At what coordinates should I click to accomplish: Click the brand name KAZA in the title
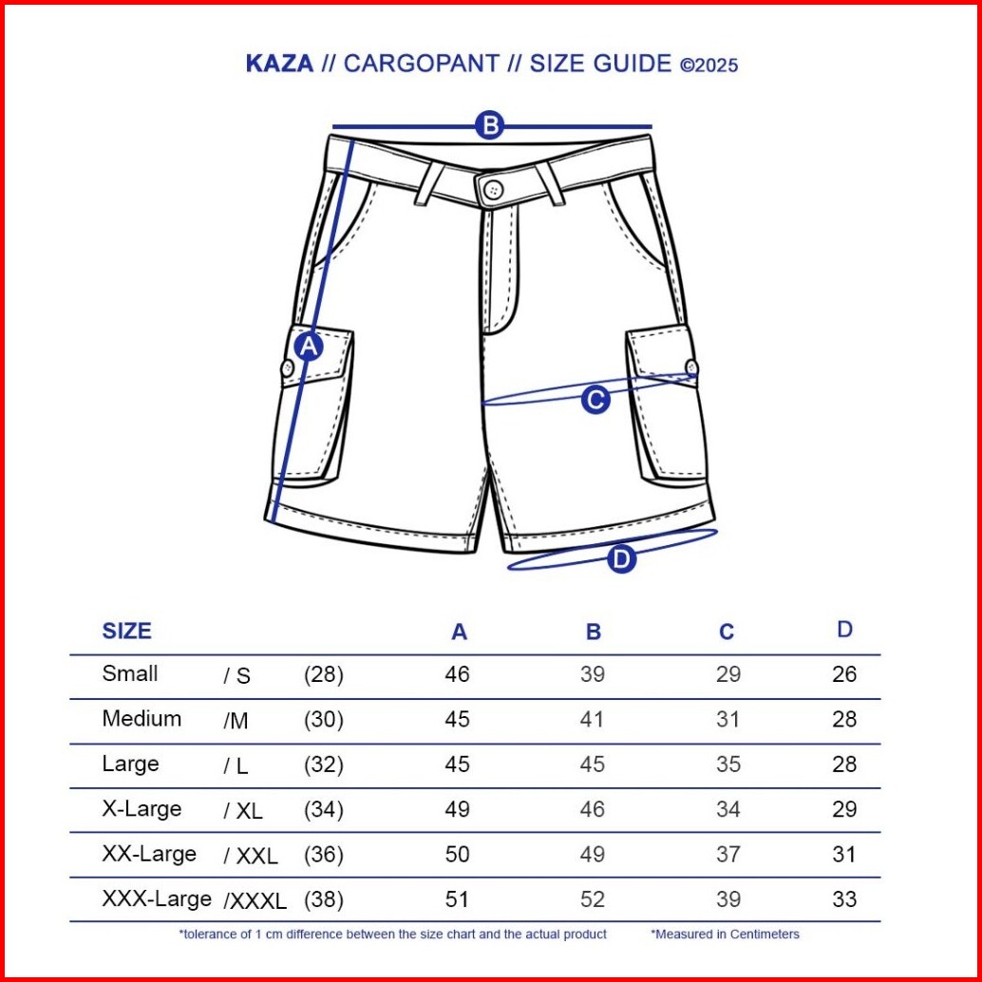(279, 65)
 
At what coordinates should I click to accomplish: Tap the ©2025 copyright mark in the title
(709, 66)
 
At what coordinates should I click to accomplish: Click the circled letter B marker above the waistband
(489, 125)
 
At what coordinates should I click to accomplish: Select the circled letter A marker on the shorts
(308, 347)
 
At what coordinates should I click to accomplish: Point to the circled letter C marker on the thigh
(595, 400)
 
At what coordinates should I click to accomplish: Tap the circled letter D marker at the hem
(621, 559)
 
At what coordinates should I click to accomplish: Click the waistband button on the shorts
(492, 190)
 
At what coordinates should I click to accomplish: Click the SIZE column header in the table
(126, 632)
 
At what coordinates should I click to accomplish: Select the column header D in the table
(844, 630)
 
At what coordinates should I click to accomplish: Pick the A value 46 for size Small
(457, 675)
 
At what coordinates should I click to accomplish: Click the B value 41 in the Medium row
(592, 720)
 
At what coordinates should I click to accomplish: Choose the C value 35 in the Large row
(727, 765)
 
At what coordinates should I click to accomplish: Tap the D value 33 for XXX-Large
(844, 899)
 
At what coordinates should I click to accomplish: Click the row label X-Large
(142, 809)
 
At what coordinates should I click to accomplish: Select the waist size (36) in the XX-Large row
(324, 855)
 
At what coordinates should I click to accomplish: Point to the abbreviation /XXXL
(255, 900)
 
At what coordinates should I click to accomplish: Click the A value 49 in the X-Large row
(457, 810)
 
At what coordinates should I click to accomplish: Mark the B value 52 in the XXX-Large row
(592, 899)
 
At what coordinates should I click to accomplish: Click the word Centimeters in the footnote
(765, 935)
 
